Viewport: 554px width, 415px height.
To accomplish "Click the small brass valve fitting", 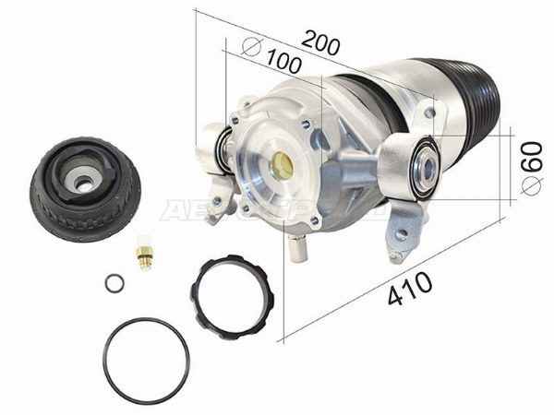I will click(143, 254).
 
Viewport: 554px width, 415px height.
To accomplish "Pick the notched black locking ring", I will click(235, 294).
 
